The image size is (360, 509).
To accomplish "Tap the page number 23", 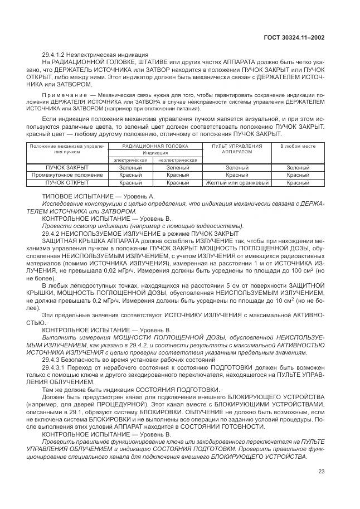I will click(x=321, y=473).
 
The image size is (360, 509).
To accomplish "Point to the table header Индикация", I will click(x=155, y=152).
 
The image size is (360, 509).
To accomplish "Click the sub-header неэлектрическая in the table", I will click(x=177, y=160).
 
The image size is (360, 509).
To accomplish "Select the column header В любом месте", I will click(x=298, y=146).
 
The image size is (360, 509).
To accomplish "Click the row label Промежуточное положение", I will click(x=60, y=175).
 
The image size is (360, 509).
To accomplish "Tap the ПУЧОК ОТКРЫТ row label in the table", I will click(x=60, y=182).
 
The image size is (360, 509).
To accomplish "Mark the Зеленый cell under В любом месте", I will click(x=298, y=168).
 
